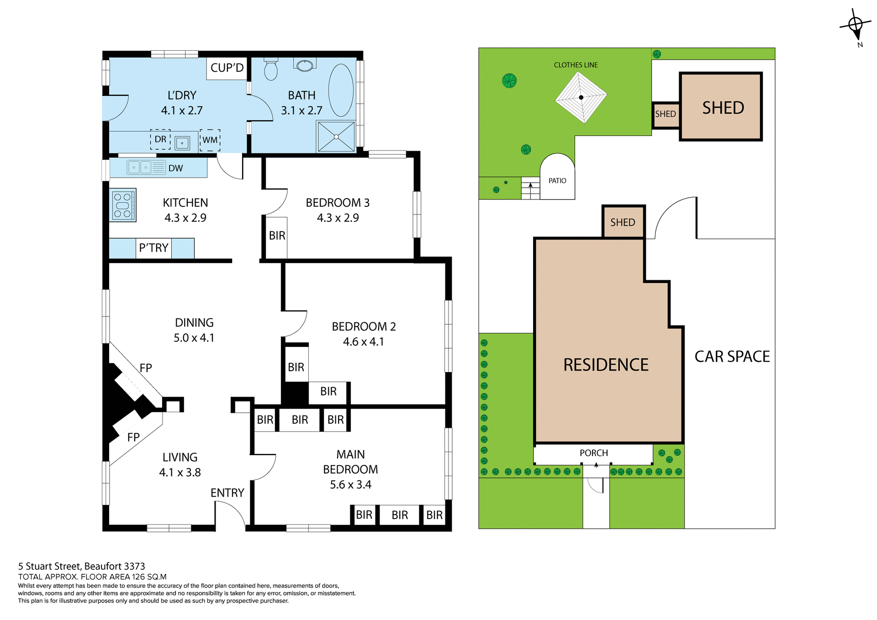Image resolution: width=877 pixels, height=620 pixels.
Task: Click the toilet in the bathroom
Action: pyautogui.click(x=271, y=70)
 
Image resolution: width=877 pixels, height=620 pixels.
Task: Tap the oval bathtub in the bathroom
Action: pyautogui.click(x=341, y=90)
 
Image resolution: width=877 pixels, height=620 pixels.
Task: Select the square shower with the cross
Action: pyautogui.click(x=336, y=137)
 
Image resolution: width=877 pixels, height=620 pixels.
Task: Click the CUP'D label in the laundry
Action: pyautogui.click(x=227, y=68)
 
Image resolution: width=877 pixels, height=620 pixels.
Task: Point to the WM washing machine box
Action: pyautogui.click(x=210, y=140)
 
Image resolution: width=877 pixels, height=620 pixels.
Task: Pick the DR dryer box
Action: pyautogui.click(x=160, y=139)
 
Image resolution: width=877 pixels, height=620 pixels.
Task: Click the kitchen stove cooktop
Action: pyautogui.click(x=123, y=205)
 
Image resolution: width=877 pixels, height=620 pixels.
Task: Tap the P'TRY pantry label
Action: pyautogui.click(x=153, y=248)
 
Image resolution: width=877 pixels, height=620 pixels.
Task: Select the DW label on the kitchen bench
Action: pyautogui.click(x=175, y=168)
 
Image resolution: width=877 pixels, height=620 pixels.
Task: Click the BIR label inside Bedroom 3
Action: pyautogui.click(x=277, y=236)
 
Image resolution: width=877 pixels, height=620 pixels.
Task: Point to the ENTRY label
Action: pyautogui.click(x=227, y=493)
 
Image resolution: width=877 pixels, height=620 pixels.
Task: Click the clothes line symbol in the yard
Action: pyautogui.click(x=581, y=97)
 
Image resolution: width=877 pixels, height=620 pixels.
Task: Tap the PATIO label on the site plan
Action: pyautogui.click(x=557, y=181)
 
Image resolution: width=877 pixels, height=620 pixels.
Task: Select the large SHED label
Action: pyautogui.click(x=723, y=108)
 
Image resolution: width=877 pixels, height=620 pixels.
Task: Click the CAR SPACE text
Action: pyautogui.click(x=732, y=357)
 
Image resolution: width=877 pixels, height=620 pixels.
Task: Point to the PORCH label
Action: pyautogui.click(x=594, y=453)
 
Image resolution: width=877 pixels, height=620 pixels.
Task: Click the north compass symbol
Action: pyautogui.click(x=855, y=25)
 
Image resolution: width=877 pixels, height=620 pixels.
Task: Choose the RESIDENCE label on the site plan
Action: pyautogui.click(x=606, y=365)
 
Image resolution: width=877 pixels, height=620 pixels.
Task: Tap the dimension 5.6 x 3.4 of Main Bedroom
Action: pyautogui.click(x=350, y=485)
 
